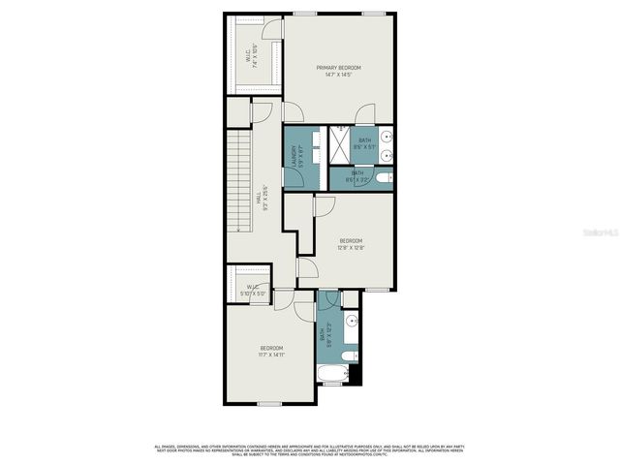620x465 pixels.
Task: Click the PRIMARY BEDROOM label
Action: tap(338, 67)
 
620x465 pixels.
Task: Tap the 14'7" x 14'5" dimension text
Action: tap(338, 75)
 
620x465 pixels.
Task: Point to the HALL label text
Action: tap(258, 195)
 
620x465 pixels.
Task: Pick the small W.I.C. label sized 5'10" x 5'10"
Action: tap(252, 290)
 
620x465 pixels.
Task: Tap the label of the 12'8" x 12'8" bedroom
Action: tap(351, 240)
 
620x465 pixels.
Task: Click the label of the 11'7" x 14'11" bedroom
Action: tap(271, 348)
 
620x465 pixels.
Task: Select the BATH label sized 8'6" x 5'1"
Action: tap(364, 140)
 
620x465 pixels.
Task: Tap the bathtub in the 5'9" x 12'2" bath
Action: tap(333, 373)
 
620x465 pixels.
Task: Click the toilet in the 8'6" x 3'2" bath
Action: tap(385, 177)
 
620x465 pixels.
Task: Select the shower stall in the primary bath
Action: tap(340, 147)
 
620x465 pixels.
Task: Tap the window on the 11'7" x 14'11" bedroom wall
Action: tap(269, 402)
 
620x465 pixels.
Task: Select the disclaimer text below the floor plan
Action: tap(309, 450)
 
